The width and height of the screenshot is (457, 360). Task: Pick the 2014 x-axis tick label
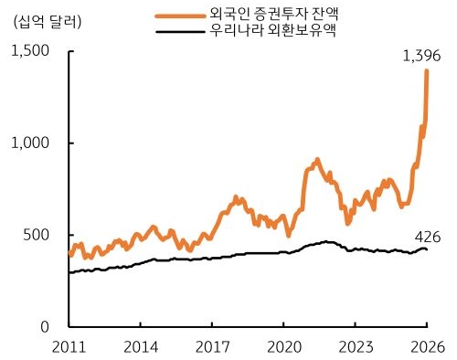click(140, 345)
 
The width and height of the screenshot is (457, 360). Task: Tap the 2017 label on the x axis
click(211, 345)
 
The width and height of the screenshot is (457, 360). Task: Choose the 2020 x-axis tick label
click(283, 345)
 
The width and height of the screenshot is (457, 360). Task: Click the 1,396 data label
click(421, 57)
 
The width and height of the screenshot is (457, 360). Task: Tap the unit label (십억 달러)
click(43, 22)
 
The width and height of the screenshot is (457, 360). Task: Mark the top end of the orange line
click(427, 71)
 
